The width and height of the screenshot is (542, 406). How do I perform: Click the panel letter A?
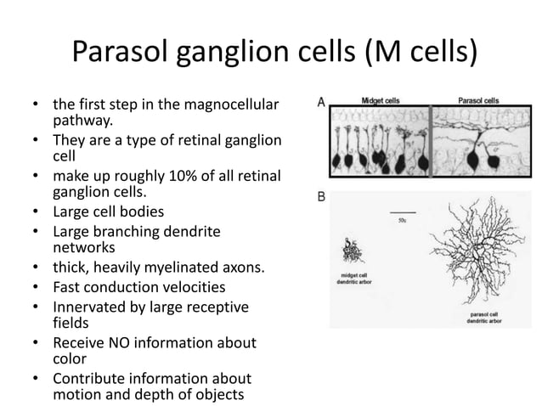click(x=321, y=100)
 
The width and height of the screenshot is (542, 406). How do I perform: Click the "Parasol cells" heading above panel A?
click(x=479, y=99)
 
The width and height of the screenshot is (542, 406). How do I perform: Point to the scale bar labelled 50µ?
click(x=404, y=212)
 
